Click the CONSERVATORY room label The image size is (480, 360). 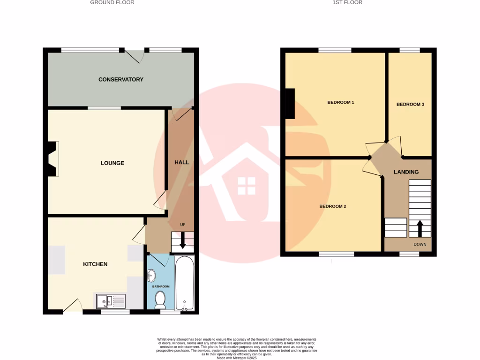tap(120, 80)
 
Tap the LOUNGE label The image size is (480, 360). tap(112, 163)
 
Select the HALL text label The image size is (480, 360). tap(181, 163)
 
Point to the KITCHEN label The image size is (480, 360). tap(95, 264)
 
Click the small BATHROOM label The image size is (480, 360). tap(161, 286)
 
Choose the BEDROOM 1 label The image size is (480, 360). tap(340, 102)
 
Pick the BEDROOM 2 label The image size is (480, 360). tap(333, 206)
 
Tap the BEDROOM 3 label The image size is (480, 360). tap(410, 105)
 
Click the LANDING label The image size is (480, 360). tap(406, 172)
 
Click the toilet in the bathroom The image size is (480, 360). tap(160, 299)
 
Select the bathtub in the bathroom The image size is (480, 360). tap(184, 283)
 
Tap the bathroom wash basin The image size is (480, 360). tap(150, 274)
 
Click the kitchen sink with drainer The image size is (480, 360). tap(111, 300)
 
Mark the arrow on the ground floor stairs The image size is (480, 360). tap(183, 242)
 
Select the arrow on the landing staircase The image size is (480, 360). tap(420, 228)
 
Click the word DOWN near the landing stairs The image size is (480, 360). tap(420, 245)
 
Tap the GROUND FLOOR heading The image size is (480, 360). tap(112, 2)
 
